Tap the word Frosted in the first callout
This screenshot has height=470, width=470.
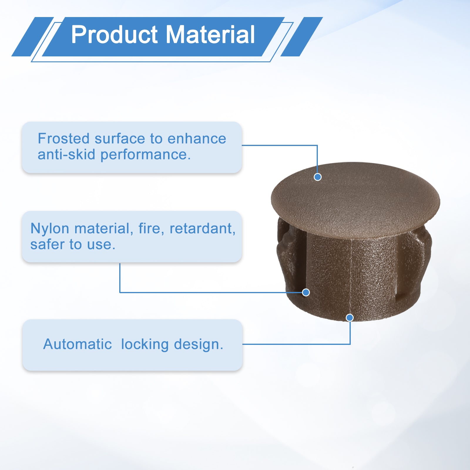tap(63, 139)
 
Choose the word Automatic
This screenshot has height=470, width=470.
tap(78, 344)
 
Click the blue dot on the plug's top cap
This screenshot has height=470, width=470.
tap(318, 177)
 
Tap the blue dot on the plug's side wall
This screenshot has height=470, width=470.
tap(306, 292)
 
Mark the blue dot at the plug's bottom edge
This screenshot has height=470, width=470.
tap(350, 318)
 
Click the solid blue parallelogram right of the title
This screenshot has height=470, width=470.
tap(302, 37)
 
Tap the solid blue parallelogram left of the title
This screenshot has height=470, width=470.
tap(33, 37)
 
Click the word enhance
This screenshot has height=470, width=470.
tap(197, 139)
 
